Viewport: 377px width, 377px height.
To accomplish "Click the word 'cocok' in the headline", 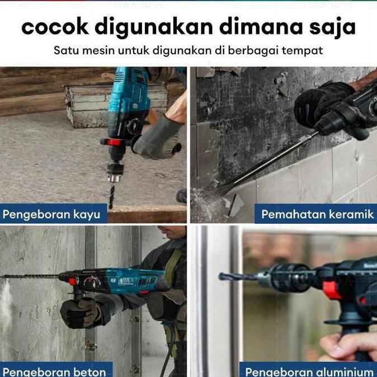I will pyautogui.click(x=54, y=27).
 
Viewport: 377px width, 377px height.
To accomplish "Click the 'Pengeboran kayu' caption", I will pyautogui.click(x=51, y=214).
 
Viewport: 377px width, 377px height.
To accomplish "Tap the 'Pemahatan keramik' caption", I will pyautogui.click(x=317, y=214).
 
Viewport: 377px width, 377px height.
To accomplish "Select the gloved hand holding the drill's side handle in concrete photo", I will pyautogui.click(x=81, y=312).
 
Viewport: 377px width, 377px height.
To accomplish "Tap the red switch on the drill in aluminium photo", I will pyautogui.click(x=331, y=290).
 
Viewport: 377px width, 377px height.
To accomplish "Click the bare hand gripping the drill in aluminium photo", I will pyautogui.click(x=347, y=347).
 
